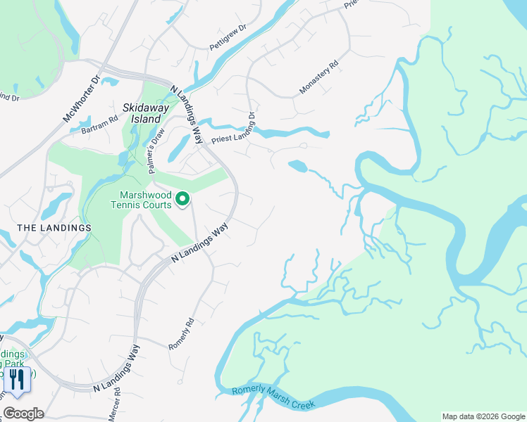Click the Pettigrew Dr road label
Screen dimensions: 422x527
point(228,37)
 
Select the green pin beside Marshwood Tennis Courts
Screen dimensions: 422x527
point(182,200)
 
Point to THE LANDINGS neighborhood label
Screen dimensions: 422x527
point(54,228)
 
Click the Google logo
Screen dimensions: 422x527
point(23,414)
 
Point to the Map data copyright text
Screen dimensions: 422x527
point(483,416)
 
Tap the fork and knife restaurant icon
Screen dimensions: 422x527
point(16,380)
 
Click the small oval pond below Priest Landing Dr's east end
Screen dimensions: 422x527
point(297,166)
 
